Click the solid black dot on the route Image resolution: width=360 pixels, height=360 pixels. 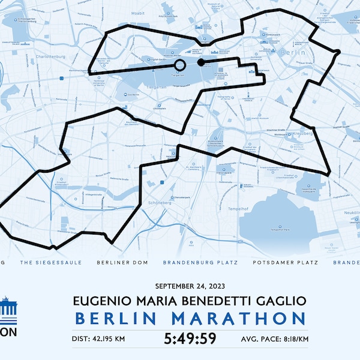click(x=200, y=62)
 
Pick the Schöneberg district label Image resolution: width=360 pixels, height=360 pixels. click(x=159, y=203)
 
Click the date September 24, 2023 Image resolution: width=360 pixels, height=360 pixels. click(x=189, y=286)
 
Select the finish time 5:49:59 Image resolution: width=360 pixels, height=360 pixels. click(x=189, y=339)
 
